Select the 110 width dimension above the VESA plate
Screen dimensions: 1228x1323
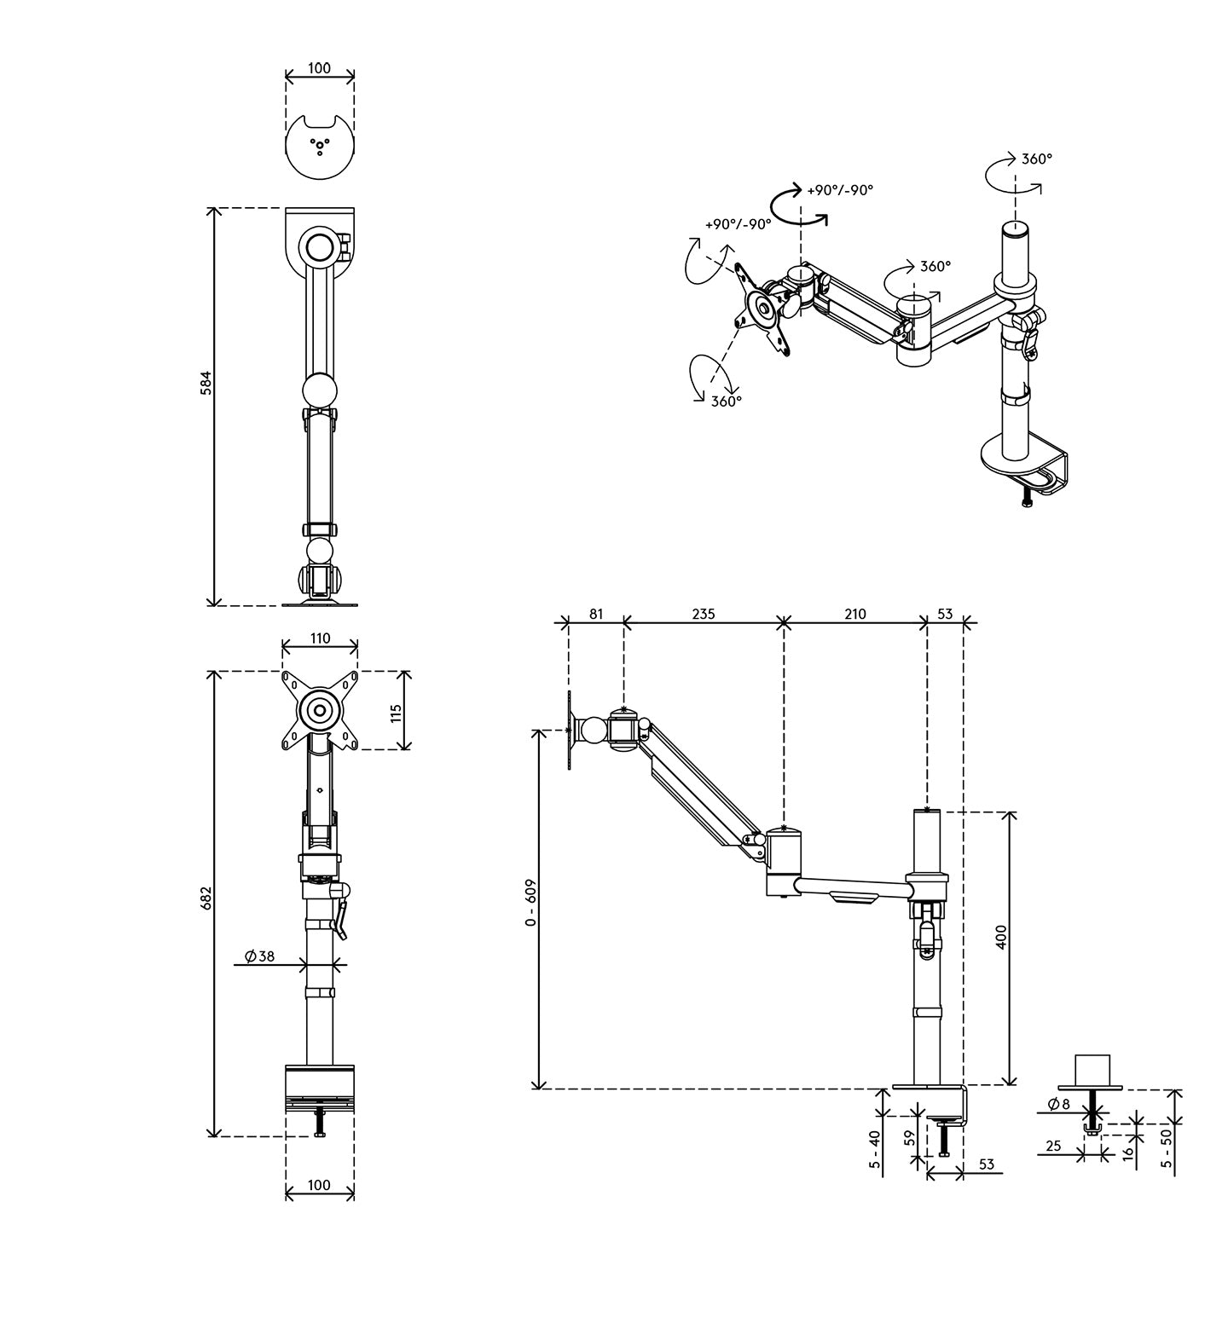pos(320,638)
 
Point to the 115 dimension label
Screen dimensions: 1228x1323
pos(396,710)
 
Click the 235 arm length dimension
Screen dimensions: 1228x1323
pos(703,613)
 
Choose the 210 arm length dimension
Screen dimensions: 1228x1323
pos(854,613)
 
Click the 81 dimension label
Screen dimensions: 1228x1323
pos(595,613)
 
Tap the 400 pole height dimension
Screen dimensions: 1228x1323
pos(1001,936)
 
